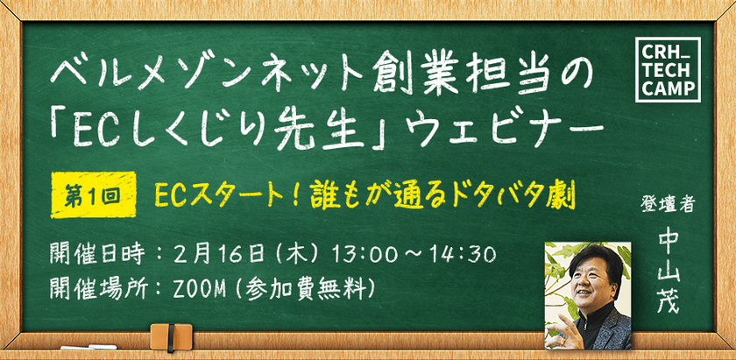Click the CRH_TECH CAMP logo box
(668, 69)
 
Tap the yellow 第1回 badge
(94, 194)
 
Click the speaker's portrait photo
(588, 295)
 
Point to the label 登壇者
(668, 205)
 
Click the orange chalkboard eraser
(171, 336)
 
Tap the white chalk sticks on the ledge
(88, 348)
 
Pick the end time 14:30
(468, 255)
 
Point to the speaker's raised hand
(563, 335)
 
